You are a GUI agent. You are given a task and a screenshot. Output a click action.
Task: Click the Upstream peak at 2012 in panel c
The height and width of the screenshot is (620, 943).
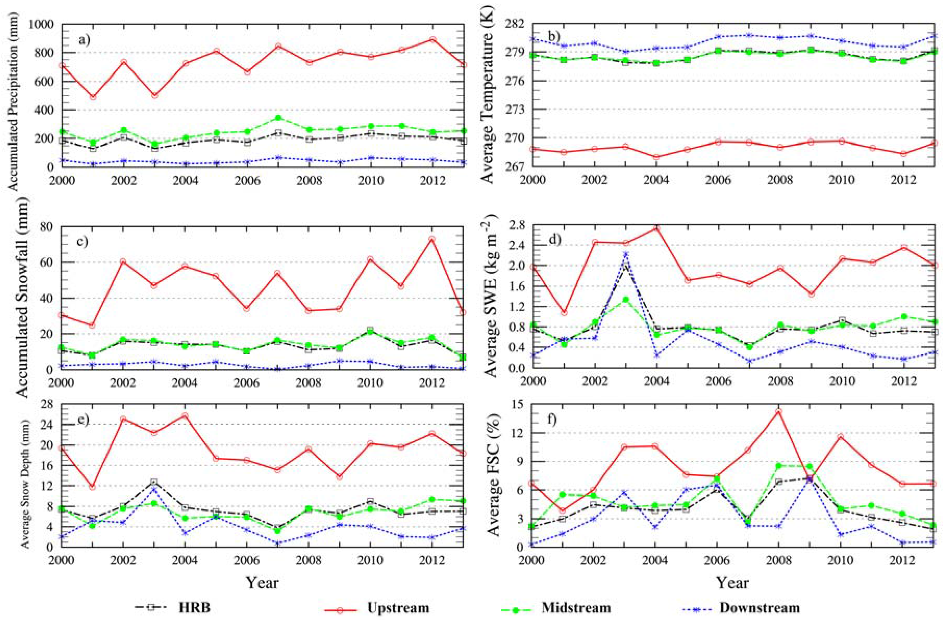coord(432,239)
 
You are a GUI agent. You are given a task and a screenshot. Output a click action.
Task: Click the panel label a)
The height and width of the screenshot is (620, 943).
coord(84,40)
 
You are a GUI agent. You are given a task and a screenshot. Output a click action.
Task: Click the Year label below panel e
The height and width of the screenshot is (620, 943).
coord(262,582)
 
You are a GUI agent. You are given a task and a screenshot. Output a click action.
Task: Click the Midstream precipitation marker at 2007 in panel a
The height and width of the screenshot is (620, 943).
coord(279,118)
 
